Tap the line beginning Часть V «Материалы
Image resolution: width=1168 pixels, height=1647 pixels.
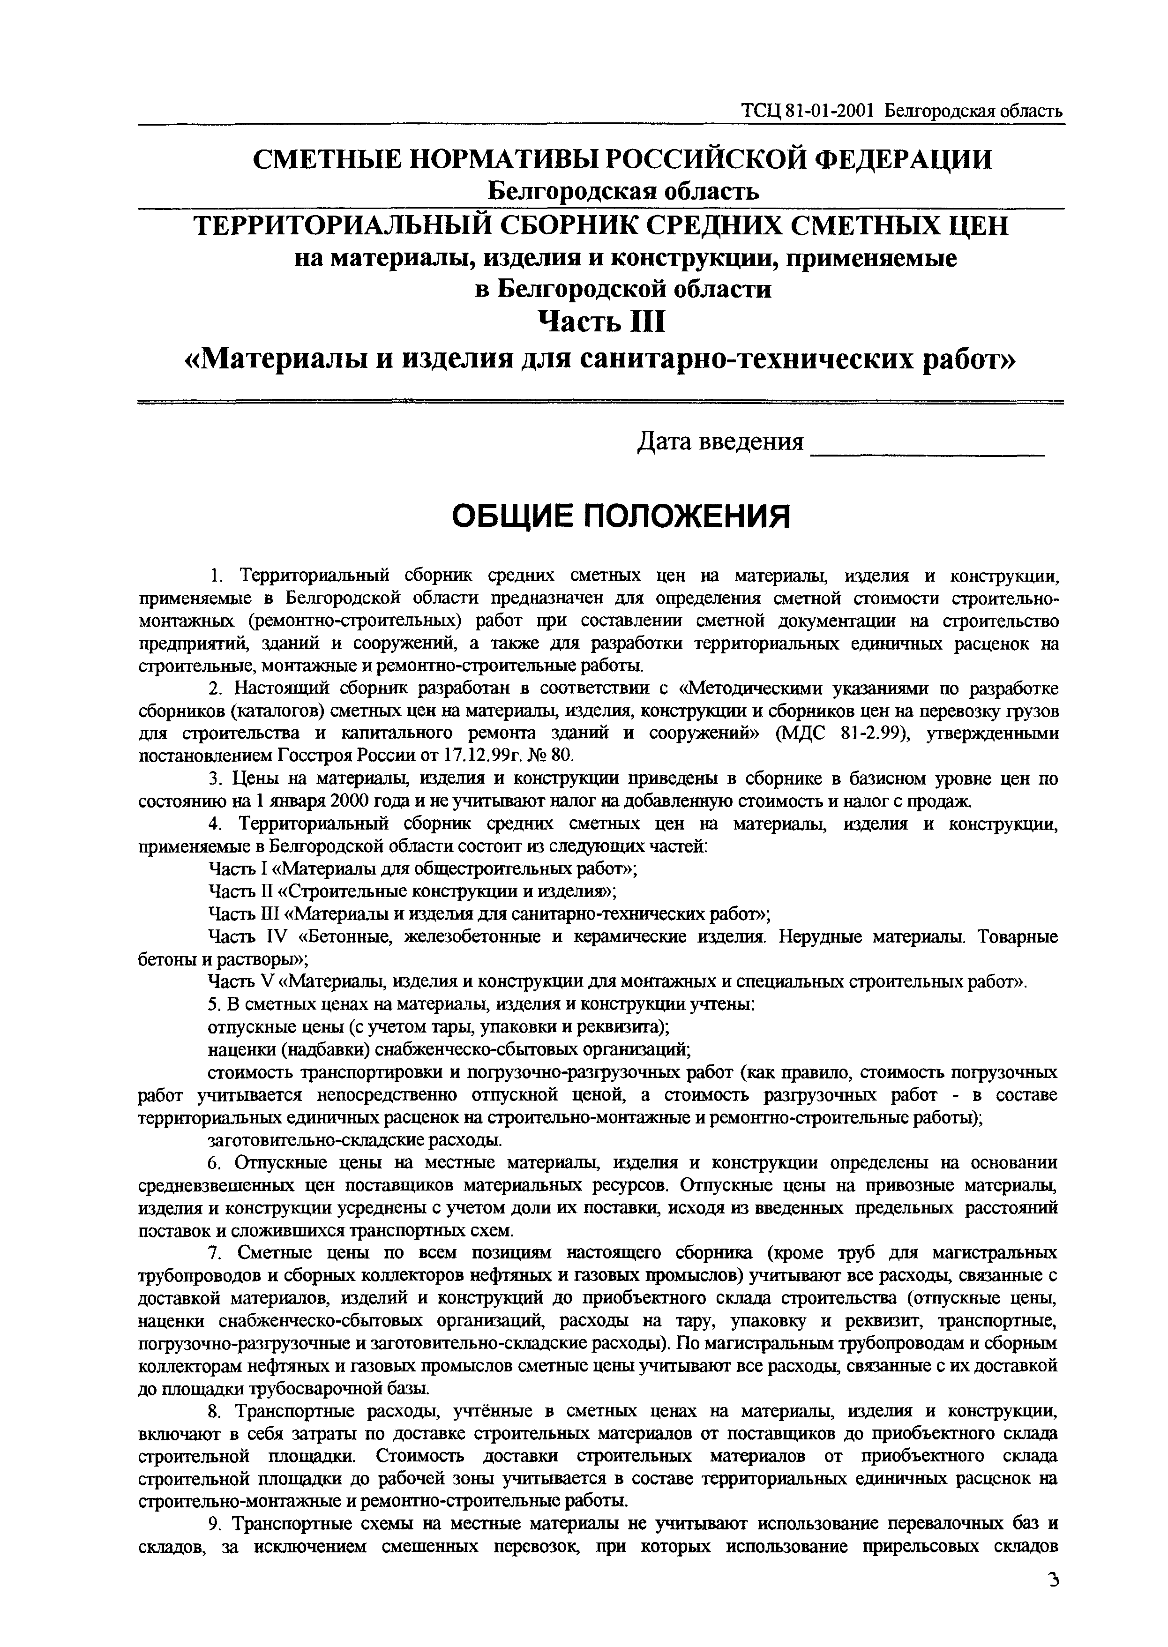click(617, 981)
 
